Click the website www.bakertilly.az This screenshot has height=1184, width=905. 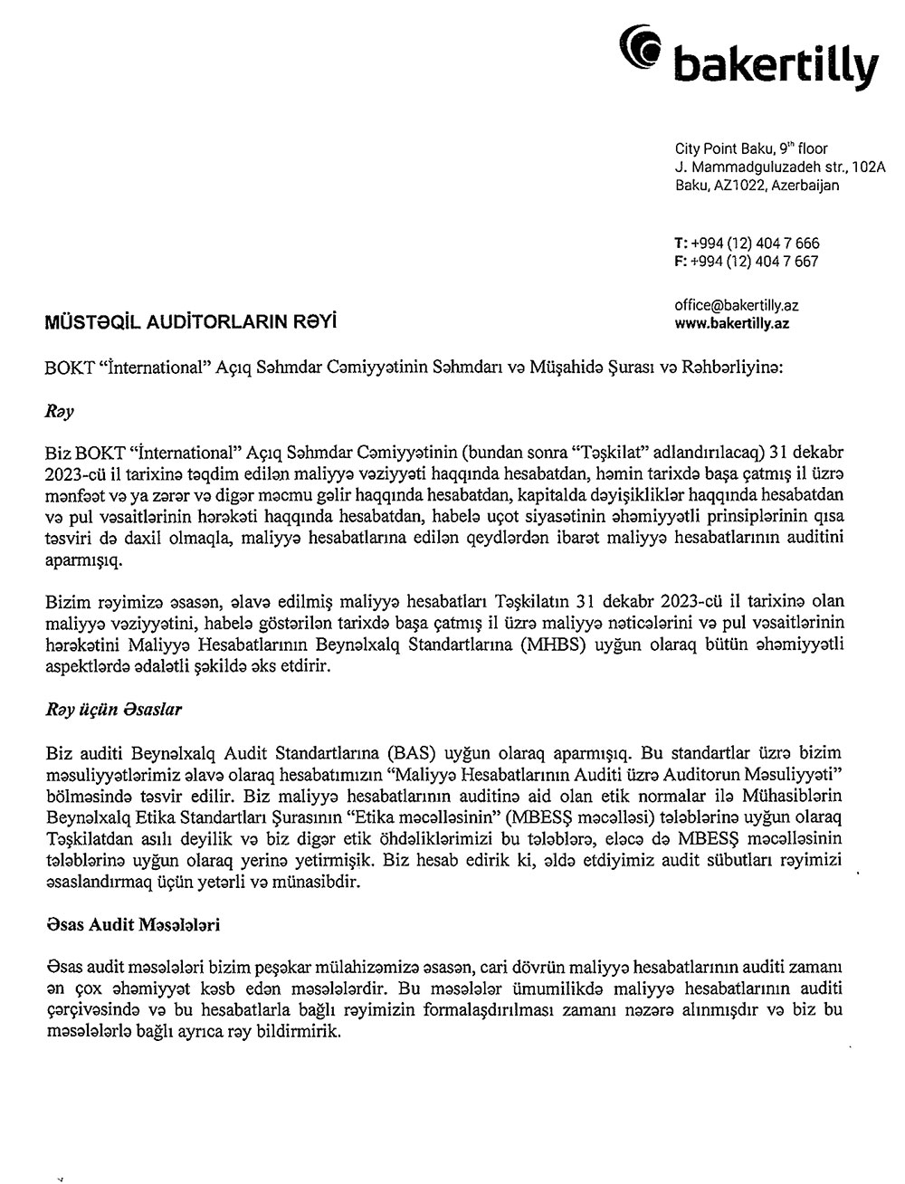coord(731,322)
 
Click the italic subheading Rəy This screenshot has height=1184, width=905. coord(59,411)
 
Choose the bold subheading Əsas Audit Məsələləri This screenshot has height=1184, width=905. coord(130,926)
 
